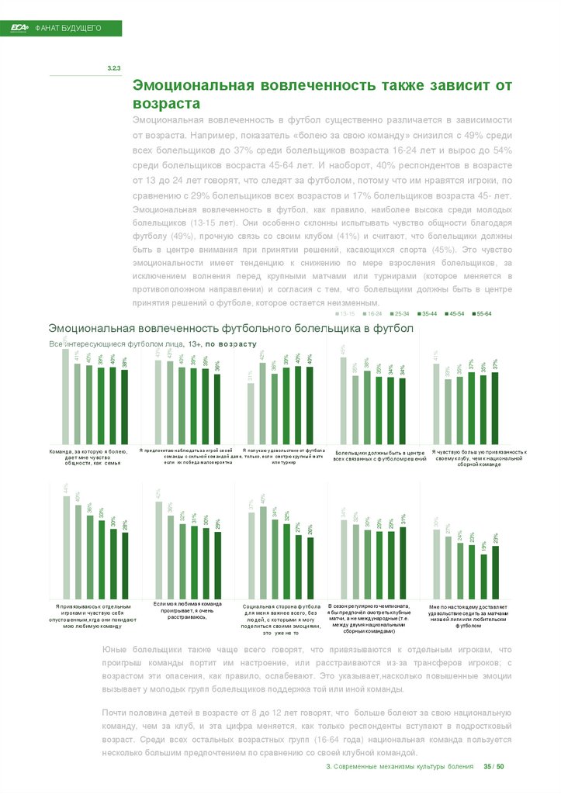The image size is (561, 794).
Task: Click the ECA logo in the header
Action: click(x=19, y=28)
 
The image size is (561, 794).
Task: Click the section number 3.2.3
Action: click(x=113, y=70)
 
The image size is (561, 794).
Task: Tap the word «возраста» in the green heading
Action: click(x=167, y=103)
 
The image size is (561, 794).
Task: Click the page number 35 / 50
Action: click(x=493, y=767)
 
